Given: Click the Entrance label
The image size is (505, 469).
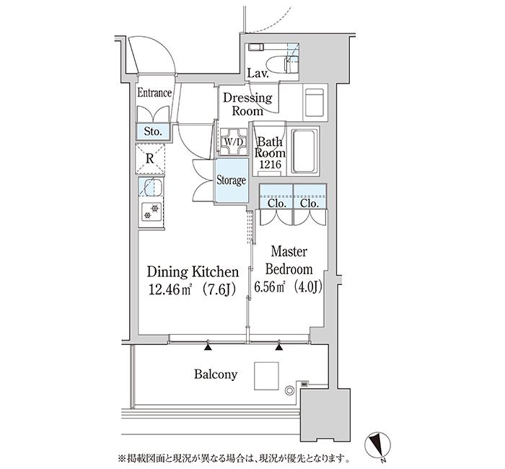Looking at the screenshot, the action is click(154, 93).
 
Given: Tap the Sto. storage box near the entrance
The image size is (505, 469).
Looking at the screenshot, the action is click(153, 132).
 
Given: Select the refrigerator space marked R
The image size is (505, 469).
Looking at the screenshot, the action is click(150, 159).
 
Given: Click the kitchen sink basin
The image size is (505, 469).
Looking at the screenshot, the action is click(153, 188).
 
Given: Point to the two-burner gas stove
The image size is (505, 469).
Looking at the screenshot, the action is click(151, 212).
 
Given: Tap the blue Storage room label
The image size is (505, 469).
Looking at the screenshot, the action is click(232, 180).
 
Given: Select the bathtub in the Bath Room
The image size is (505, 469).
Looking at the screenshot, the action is click(303, 151).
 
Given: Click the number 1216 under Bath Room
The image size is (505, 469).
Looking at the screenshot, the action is click(271, 165).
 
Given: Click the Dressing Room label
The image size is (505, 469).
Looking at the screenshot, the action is click(247, 105).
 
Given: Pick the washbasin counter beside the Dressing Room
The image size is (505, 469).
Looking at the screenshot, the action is click(315, 102).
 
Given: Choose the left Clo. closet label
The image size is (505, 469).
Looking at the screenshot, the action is click(277, 203).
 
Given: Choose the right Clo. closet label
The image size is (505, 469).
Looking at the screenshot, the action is click(309, 203).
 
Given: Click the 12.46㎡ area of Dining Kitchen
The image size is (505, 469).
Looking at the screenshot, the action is click(170, 290).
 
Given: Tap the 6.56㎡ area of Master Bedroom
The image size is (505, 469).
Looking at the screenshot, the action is click(270, 287).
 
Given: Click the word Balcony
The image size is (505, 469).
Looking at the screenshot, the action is click(216, 374).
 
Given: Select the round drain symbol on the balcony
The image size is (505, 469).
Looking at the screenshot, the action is click(289, 390).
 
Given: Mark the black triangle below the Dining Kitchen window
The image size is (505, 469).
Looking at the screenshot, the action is click(208, 347).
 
